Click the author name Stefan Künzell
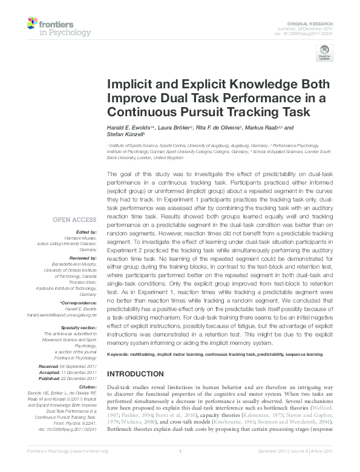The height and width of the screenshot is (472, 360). click(125, 136)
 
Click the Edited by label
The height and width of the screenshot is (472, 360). click(87, 232)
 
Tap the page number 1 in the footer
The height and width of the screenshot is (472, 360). click(180, 466)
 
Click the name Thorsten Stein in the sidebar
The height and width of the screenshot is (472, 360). click(87, 283)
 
